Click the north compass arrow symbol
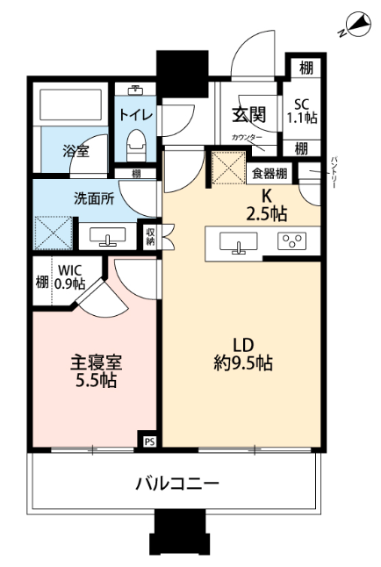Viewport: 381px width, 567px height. [358, 25]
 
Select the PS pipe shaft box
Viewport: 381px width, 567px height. [150, 441]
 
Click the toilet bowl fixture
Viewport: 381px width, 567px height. [136, 146]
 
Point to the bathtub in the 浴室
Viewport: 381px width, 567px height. [70, 104]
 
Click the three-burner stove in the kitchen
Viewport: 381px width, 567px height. [291, 241]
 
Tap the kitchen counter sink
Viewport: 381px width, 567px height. [239, 242]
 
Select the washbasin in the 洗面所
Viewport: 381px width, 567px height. [107, 237]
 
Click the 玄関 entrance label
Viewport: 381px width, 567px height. [249, 115]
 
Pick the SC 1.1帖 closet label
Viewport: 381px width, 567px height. [302, 111]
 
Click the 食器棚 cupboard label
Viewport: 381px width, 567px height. [270, 174]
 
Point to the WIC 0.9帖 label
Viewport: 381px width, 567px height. [70, 277]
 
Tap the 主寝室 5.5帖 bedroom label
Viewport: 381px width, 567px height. [96, 371]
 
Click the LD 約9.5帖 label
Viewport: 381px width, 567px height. [243, 355]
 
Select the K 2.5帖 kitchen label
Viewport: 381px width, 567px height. [267, 205]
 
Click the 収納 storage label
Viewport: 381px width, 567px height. [150, 237]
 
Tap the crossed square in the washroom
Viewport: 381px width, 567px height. [54, 233]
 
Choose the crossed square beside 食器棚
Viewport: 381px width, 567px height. [228, 169]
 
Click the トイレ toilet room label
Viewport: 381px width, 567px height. [136, 115]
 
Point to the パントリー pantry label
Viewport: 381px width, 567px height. [334, 172]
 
